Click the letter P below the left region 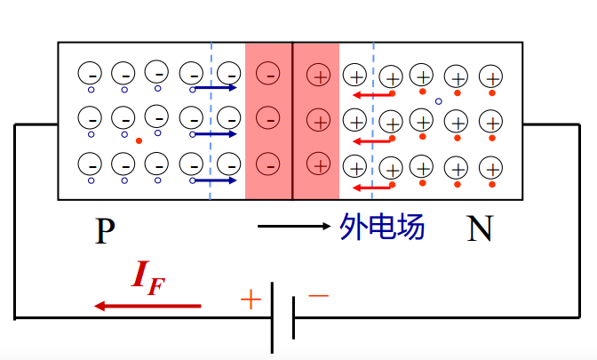pos(105,231)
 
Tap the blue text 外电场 pos(382,227)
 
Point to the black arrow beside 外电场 pos(294,227)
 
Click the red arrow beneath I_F pos(147,306)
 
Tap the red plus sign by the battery pos(251,300)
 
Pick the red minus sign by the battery pos(318,294)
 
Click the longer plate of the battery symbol pos(273,317)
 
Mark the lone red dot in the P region pos(139,140)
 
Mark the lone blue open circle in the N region pos(438,101)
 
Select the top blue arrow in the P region pos(215,88)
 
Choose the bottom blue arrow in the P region pos(215,180)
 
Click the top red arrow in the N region pos(371,94)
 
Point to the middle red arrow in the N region pos(371,140)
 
